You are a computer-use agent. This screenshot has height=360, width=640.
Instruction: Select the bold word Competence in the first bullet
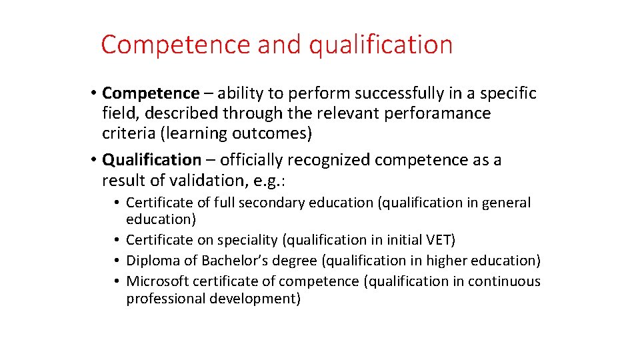click(x=151, y=93)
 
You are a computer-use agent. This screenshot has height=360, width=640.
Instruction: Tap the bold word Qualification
click(x=151, y=160)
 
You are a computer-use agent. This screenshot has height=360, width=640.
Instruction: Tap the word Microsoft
click(x=157, y=281)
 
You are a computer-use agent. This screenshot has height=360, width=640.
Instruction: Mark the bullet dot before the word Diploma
click(x=117, y=261)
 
